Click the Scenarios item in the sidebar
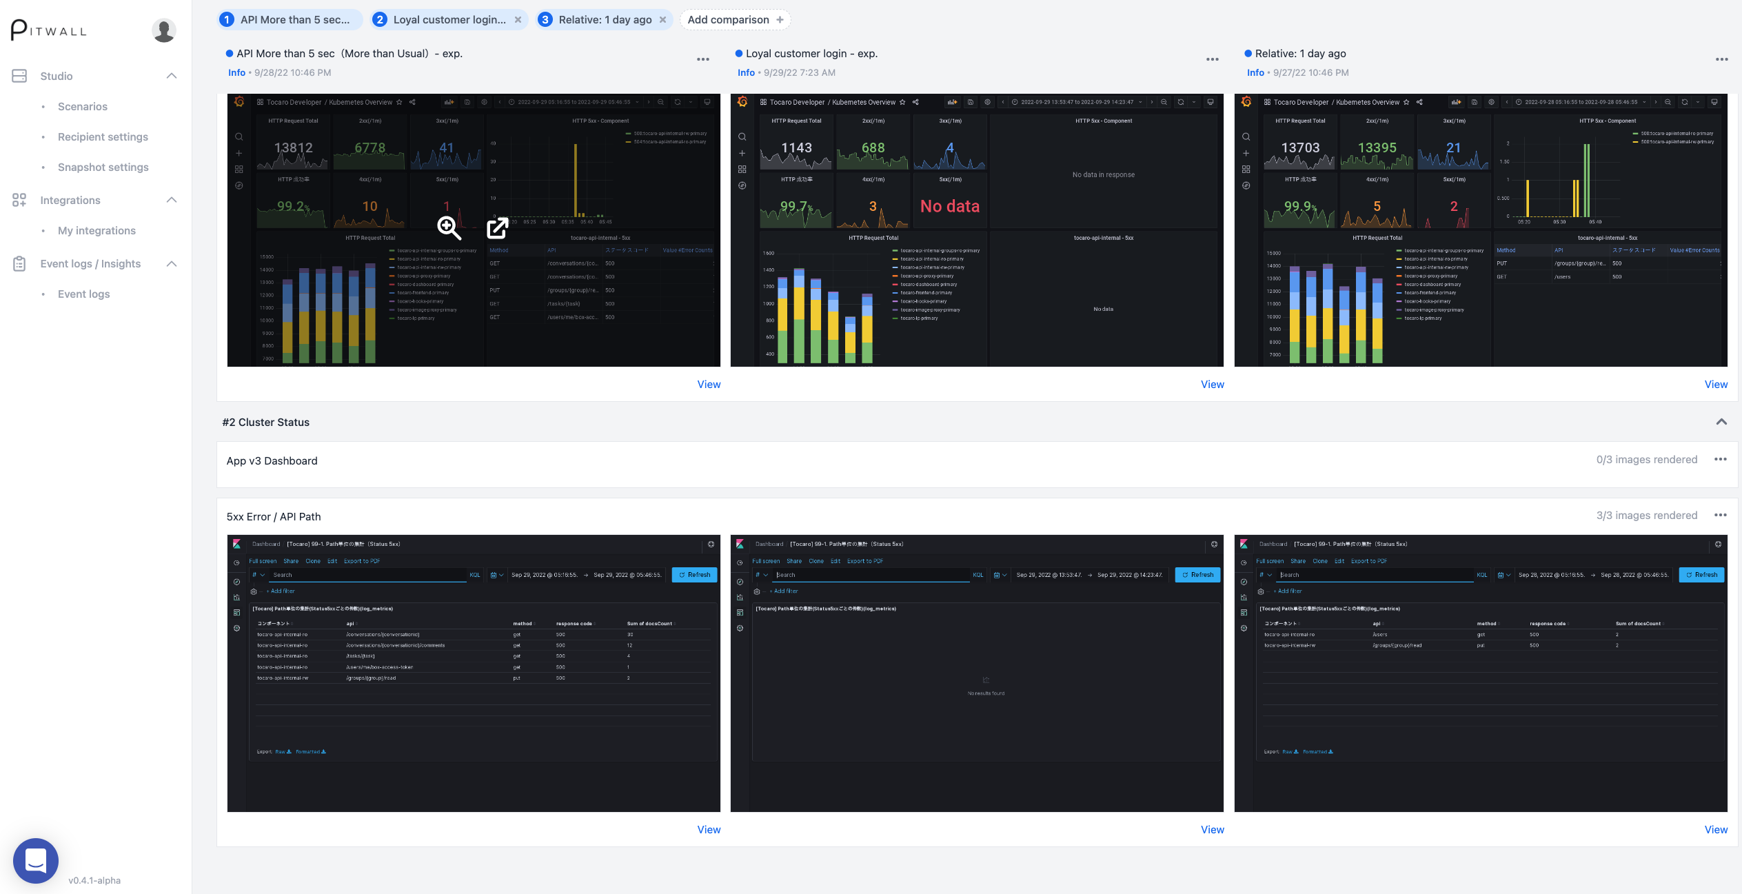tap(82, 106)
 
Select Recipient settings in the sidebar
tap(103, 136)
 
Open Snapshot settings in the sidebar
tap(103, 167)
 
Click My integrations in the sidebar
tap(97, 230)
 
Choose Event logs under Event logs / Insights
tap(83, 294)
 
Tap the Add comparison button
tap(735, 19)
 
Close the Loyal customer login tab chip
tap(518, 19)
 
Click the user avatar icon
tap(163, 30)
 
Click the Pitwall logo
tap(49, 30)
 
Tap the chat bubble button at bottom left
tap(35, 860)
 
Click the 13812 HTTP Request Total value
tap(293, 148)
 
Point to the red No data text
tap(949, 206)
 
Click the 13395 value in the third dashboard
tap(1377, 148)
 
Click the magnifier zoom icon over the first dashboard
tap(449, 227)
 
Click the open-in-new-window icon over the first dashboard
tap(497, 227)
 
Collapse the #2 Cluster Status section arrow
tap(1721, 422)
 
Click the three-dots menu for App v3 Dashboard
tap(1720, 460)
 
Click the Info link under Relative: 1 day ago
tap(1255, 72)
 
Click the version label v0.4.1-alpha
tap(94, 880)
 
